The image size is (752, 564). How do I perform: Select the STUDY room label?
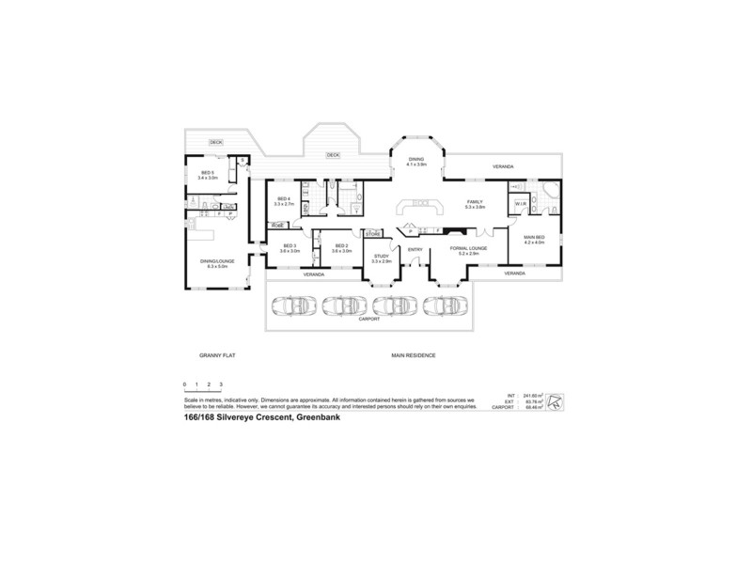381,257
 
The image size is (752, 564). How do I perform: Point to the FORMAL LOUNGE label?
467,250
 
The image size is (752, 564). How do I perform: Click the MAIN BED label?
534,238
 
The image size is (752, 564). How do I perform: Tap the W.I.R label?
520,204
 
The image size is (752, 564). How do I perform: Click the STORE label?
373,233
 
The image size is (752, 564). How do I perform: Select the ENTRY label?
415,249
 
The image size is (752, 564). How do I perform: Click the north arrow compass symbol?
558,401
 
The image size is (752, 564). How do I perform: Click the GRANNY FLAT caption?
215,355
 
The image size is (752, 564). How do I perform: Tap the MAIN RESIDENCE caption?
414,355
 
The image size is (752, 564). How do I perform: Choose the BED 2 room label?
342,248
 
